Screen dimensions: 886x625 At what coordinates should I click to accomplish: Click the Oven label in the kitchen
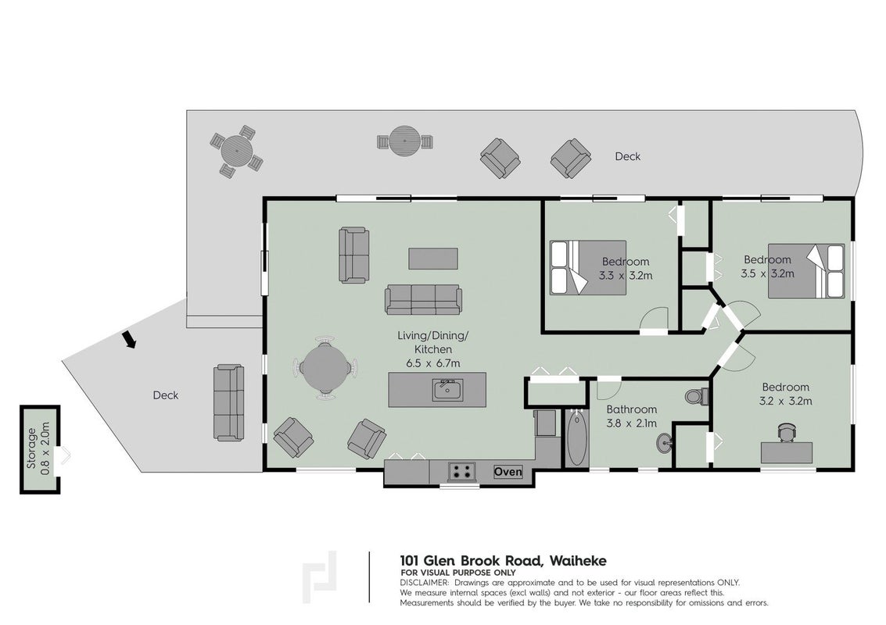coord(508,471)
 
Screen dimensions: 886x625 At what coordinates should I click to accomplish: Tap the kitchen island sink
coord(447,390)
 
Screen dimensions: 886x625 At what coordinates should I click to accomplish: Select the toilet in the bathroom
coord(696,396)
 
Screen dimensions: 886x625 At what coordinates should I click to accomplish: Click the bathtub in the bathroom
coord(576,439)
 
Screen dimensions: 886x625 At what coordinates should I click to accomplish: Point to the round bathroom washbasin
coord(665,443)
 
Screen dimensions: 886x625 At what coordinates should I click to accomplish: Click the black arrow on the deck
coord(129,339)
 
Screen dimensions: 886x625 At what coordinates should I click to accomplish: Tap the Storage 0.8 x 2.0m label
coord(38,448)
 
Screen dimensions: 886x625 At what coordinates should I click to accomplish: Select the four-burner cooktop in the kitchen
coord(463,471)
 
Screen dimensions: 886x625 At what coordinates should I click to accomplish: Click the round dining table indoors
coord(325,368)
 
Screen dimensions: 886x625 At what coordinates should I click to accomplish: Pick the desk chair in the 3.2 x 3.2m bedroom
coord(786,432)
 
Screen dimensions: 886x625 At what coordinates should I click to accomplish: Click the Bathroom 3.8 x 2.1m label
coord(631,416)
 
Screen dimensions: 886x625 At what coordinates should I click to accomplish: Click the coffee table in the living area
coord(432,258)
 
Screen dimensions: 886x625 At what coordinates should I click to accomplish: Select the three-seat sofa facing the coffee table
coord(423,299)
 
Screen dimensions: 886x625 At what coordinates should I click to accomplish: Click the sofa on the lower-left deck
coord(229,402)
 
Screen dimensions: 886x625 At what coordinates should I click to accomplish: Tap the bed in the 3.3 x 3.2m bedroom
coord(588,268)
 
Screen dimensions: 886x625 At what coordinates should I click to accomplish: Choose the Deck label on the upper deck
coord(628,156)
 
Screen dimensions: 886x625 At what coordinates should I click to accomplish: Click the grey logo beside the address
coord(319,577)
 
